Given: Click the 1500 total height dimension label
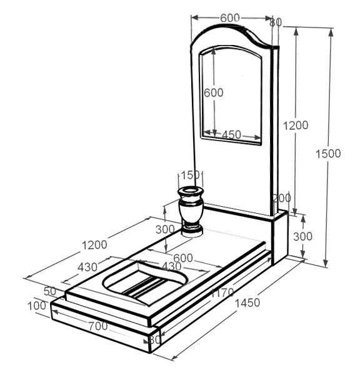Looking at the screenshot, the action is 328,154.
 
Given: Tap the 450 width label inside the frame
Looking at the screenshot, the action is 231,135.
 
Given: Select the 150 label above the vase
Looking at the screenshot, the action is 190,175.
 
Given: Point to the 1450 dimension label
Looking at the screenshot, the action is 247,303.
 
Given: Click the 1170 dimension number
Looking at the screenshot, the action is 222,292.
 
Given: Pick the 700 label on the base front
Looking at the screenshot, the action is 98,326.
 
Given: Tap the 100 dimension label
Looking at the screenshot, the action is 37,306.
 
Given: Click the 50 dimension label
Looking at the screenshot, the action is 50,291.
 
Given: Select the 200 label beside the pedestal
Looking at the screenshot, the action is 282,198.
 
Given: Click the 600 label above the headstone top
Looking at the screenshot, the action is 230,18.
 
